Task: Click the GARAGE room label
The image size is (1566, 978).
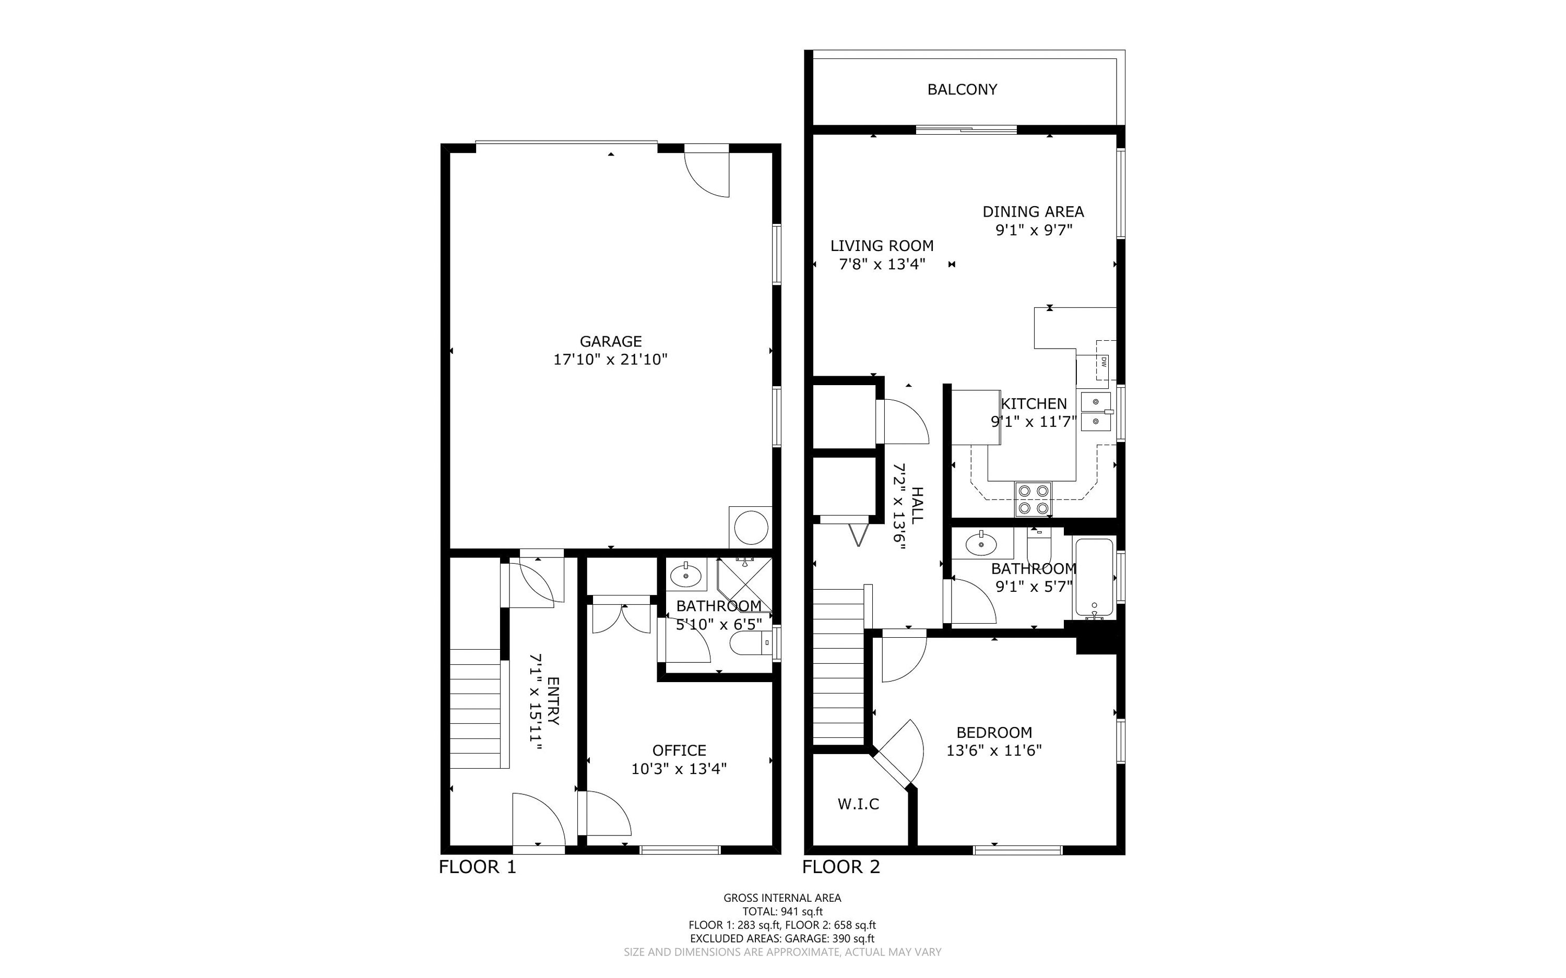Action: pos(610,341)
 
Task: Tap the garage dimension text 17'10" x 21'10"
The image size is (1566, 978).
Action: pos(610,360)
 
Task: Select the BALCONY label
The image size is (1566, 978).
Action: pos(962,89)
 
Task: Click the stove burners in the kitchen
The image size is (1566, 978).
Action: pos(1033,499)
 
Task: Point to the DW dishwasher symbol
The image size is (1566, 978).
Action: pos(1104,362)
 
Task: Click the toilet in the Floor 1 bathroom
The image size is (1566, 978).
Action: pos(750,643)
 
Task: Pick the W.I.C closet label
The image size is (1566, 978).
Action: pos(858,804)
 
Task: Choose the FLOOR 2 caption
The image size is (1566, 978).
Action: pos(841,867)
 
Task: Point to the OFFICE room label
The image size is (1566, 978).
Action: pos(679,750)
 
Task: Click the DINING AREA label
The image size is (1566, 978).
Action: pos(1033,211)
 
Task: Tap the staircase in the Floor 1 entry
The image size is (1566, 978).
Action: pos(476,708)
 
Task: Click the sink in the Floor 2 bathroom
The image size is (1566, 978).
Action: pos(982,544)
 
